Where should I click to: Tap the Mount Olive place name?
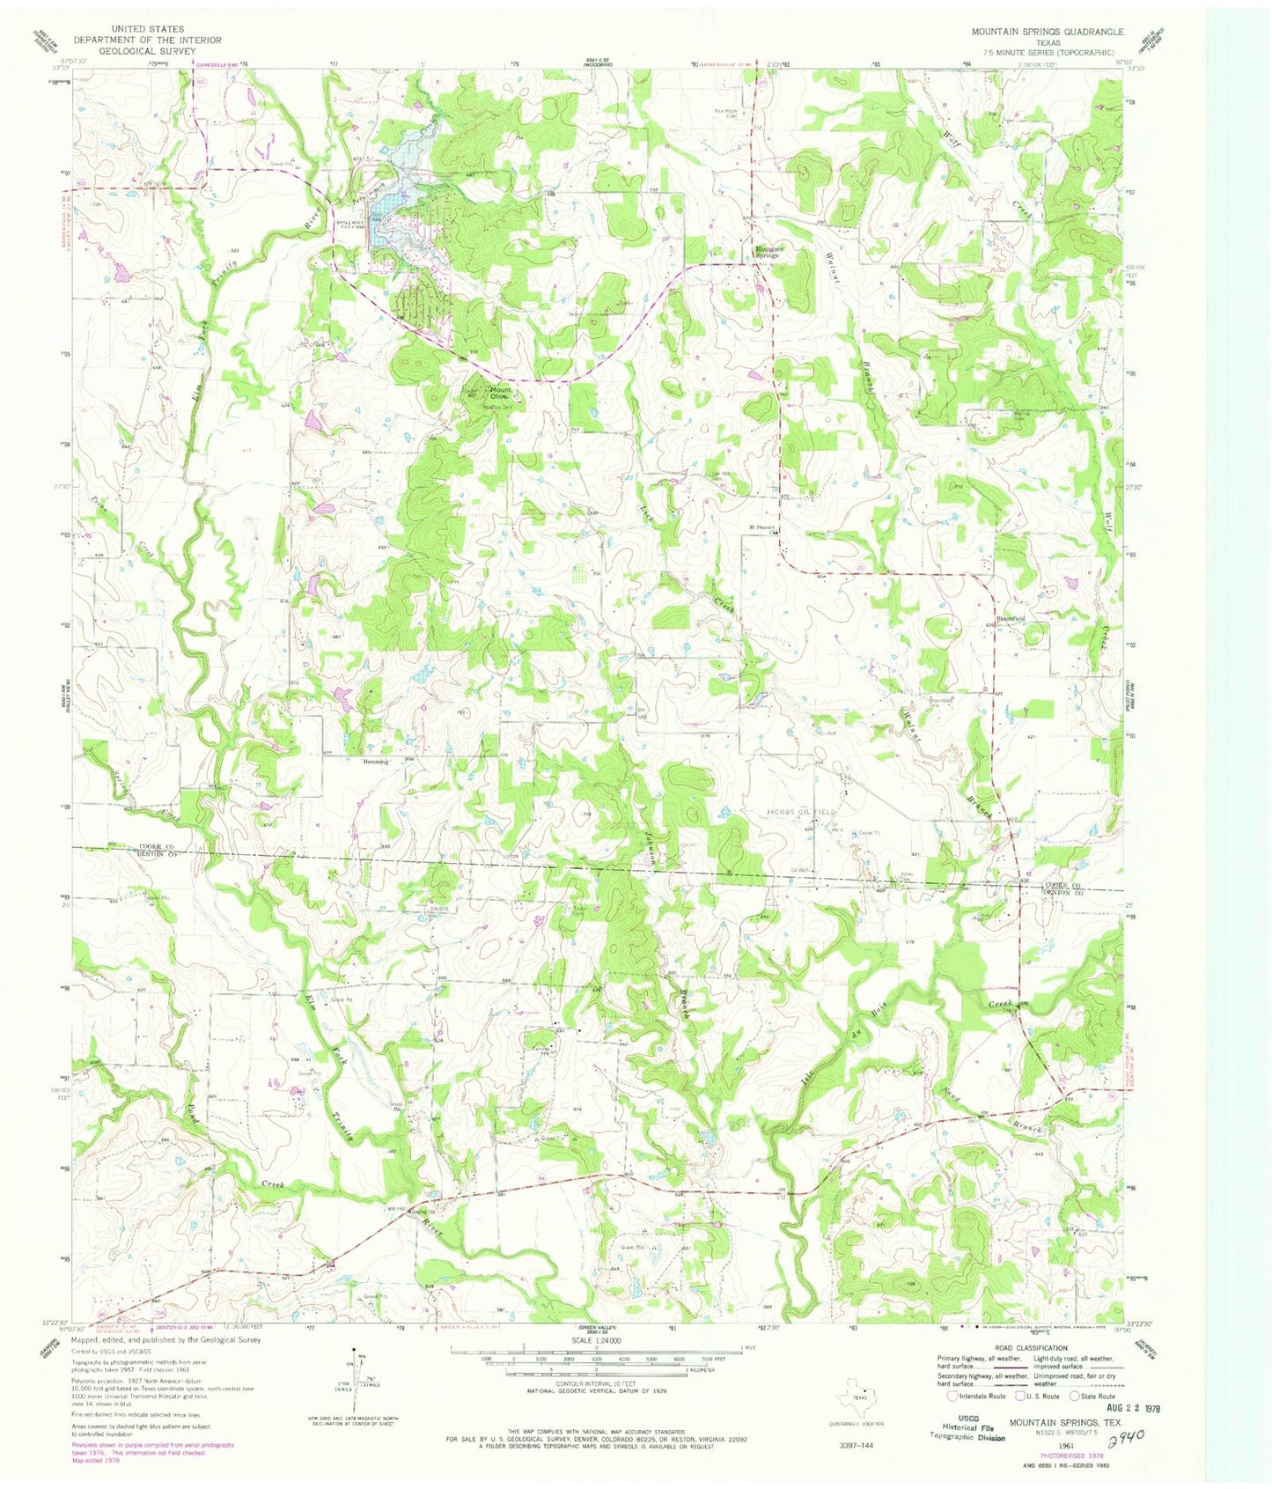click(501, 393)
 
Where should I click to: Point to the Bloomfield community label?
click(1011, 619)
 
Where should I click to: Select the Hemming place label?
click(375, 761)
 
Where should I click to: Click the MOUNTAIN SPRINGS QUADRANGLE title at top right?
click(1047, 32)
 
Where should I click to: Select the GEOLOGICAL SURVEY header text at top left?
click(148, 51)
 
